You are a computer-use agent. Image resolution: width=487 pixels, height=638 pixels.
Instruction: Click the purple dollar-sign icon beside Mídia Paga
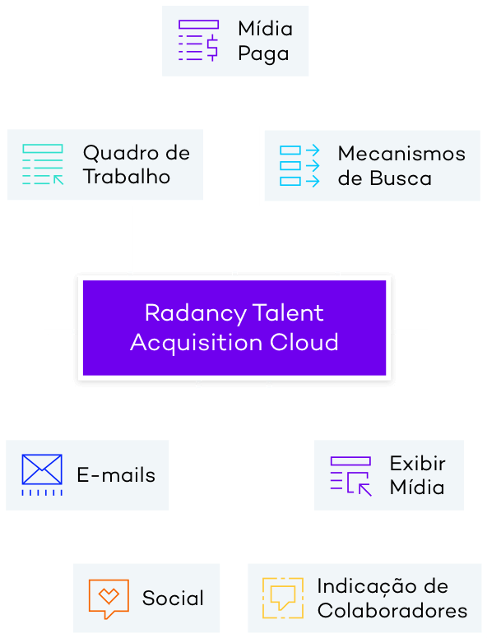click(198, 40)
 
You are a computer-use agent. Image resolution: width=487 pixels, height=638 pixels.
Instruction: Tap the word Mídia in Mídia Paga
click(266, 29)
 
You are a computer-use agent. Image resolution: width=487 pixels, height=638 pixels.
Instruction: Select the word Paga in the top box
click(263, 54)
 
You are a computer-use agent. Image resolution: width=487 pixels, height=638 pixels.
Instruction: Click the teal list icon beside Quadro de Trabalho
click(43, 164)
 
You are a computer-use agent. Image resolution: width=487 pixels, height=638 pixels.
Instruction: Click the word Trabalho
click(127, 177)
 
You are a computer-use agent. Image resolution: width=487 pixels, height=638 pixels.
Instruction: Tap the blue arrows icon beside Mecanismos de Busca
click(299, 165)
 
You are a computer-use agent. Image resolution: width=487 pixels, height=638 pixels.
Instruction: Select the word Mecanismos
click(401, 154)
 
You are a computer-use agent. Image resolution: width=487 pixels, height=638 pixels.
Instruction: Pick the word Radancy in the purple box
click(196, 314)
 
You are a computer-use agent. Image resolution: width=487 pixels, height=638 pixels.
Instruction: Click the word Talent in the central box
click(288, 313)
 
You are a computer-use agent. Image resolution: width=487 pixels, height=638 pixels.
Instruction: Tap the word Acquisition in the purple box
click(197, 343)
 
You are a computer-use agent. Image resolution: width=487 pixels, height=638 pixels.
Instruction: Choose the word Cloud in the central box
click(304, 342)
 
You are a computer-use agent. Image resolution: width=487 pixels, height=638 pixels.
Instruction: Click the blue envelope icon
click(42, 475)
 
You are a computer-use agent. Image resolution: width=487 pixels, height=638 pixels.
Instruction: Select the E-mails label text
click(116, 475)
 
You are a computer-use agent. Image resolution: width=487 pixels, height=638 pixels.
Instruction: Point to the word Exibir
click(417, 464)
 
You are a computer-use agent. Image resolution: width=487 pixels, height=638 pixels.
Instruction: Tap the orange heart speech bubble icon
click(109, 599)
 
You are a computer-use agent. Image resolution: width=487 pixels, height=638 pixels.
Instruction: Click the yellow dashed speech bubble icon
click(283, 599)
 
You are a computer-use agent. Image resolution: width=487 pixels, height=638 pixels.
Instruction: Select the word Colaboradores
click(392, 611)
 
